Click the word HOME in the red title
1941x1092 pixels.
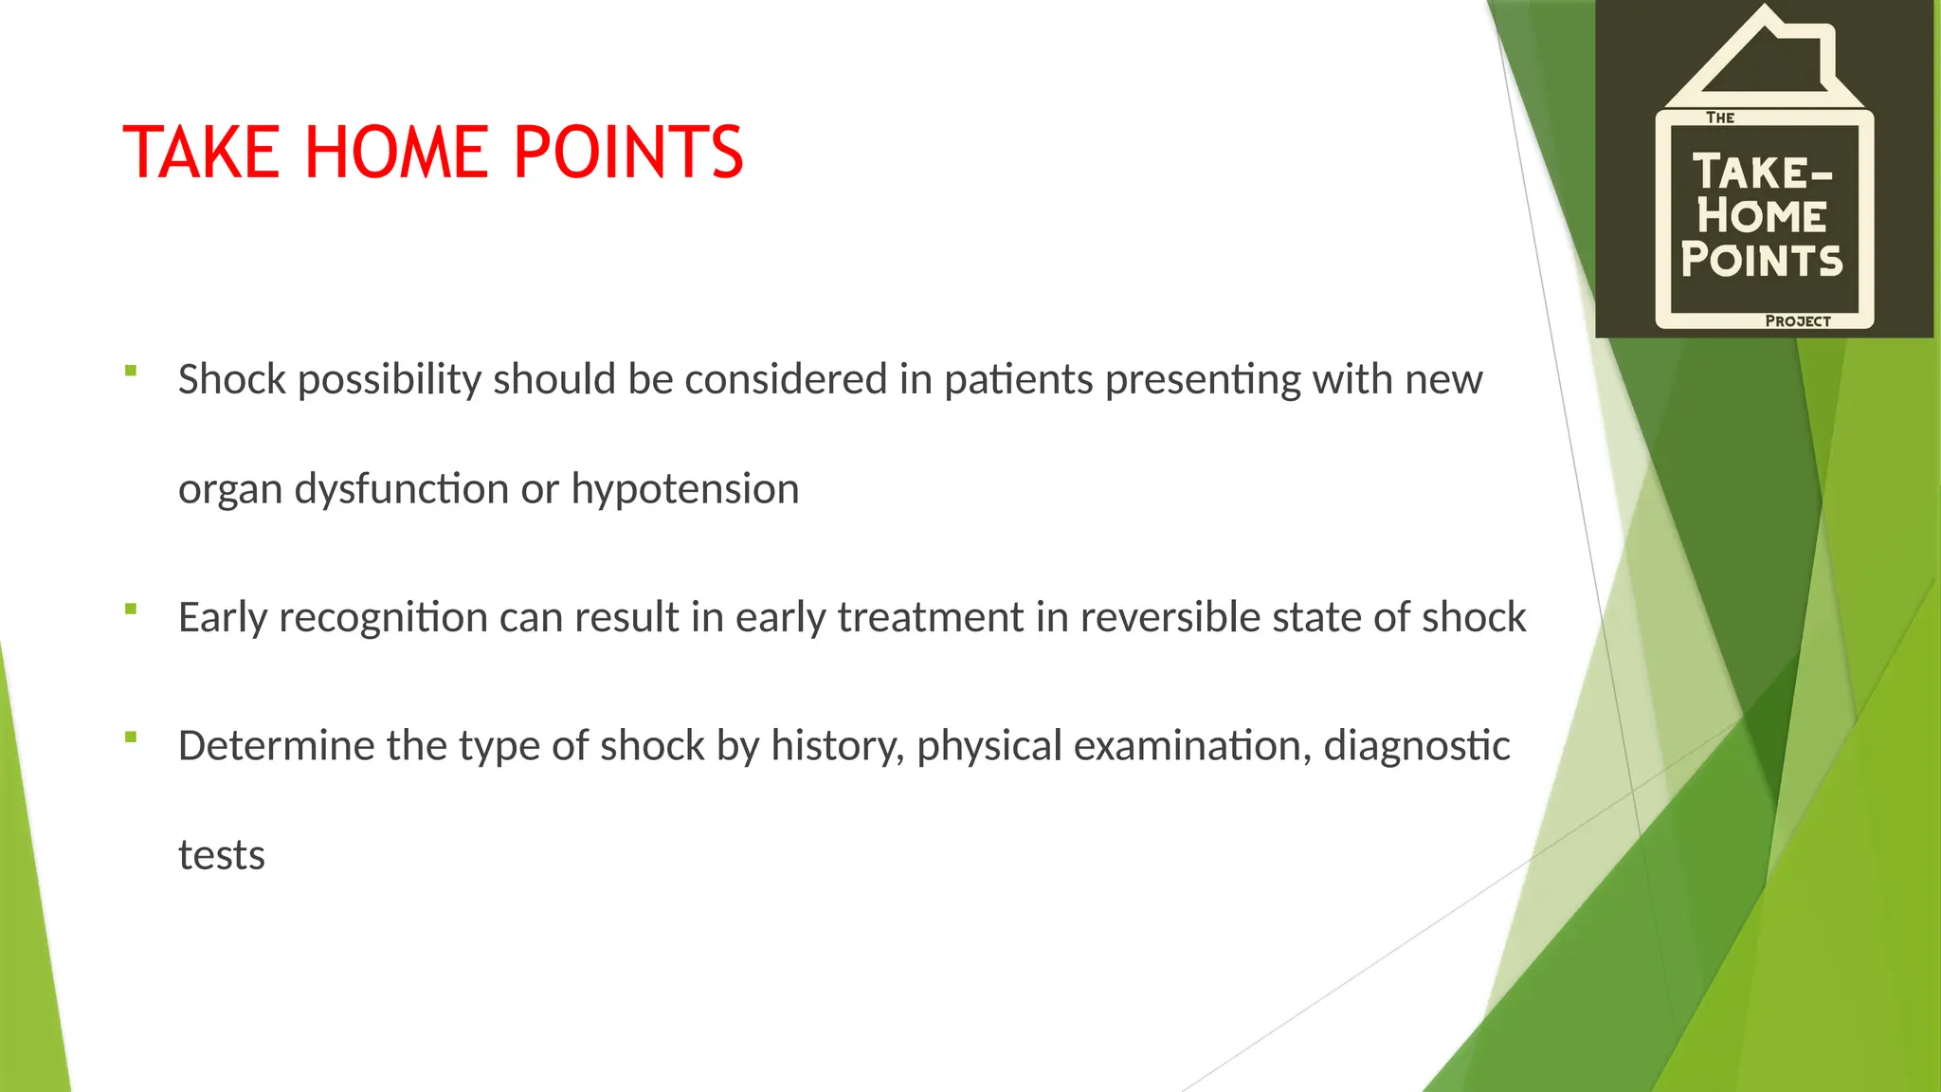(397, 153)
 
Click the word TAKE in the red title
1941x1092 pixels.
(201, 153)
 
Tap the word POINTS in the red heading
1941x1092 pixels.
(628, 153)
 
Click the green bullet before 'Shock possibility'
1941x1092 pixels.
(131, 371)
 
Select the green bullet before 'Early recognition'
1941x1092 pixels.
(131, 609)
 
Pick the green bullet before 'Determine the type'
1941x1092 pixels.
(131, 737)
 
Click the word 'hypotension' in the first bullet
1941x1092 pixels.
(684, 490)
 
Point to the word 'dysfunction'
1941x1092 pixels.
(402, 490)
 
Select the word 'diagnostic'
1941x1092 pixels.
(1416, 746)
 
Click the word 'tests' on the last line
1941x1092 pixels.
(222, 855)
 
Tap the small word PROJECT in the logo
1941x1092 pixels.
(1797, 321)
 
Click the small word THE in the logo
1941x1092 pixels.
(1719, 118)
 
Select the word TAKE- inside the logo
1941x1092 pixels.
(1763, 173)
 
